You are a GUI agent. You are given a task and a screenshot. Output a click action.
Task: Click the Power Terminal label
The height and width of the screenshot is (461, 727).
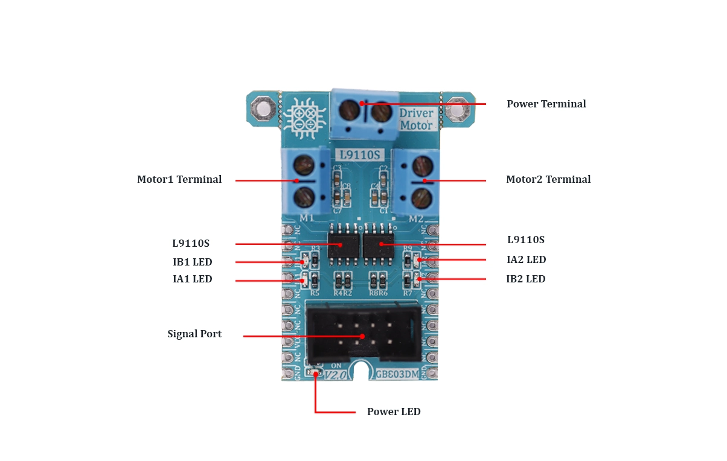pyautogui.click(x=546, y=104)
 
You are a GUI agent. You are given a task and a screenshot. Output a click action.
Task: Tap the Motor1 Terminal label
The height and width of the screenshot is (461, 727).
pyautogui.click(x=179, y=179)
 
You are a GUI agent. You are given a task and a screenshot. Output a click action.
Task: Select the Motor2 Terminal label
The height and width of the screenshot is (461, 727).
pyautogui.click(x=548, y=179)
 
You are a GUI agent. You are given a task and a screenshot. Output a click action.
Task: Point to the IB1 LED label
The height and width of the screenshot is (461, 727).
pyautogui.click(x=193, y=262)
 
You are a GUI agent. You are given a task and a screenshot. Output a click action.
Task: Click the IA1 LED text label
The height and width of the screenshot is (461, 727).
pyautogui.click(x=193, y=279)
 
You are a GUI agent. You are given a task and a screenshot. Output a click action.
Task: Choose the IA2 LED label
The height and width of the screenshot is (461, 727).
pyautogui.click(x=526, y=259)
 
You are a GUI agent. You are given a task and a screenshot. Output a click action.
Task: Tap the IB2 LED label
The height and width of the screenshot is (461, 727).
pyautogui.click(x=525, y=279)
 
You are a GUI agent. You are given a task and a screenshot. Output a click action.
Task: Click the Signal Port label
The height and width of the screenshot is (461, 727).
pyautogui.click(x=194, y=334)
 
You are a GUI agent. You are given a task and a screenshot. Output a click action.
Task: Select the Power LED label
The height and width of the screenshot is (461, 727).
pyautogui.click(x=394, y=412)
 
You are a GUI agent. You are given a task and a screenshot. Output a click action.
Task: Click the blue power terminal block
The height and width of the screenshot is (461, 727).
pyautogui.click(x=364, y=113)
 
